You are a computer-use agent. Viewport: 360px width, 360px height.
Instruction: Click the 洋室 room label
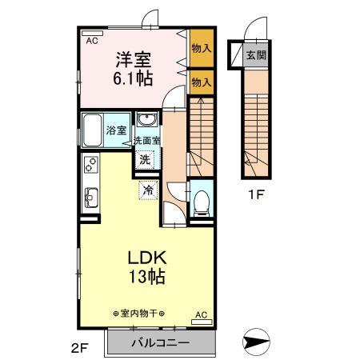pos(134,59)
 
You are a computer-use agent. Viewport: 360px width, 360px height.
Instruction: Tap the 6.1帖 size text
pos(134,78)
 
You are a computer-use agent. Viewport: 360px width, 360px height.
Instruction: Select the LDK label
pos(147,258)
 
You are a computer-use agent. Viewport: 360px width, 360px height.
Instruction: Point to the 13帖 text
pos(147,278)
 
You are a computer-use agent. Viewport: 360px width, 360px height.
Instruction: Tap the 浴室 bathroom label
pos(117,130)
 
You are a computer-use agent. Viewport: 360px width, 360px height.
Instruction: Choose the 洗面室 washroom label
pos(146,141)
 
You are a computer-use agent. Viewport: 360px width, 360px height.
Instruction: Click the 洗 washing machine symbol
pos(145,158)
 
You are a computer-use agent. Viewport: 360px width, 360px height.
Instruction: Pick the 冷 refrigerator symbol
pos(149,190)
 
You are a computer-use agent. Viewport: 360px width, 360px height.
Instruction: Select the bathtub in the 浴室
pos(95,129)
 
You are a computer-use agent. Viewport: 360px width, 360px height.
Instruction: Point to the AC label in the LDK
pos(201,314)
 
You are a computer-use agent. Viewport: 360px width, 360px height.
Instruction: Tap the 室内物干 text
pos(139,314)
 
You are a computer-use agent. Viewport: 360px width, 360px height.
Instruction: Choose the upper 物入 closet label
pos(201,48)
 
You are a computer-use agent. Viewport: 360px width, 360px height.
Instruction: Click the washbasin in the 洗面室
pos(146,121)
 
